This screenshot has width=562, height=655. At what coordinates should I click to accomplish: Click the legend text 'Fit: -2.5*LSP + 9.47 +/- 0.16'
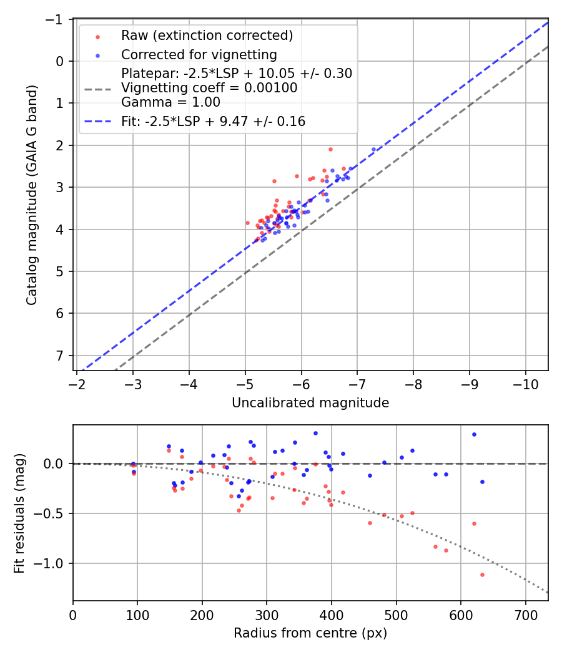coord(213,122)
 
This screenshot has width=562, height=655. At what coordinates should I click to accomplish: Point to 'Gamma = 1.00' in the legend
coord(170,102)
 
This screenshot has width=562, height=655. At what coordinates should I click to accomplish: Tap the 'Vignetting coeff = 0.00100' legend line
coord(209,88)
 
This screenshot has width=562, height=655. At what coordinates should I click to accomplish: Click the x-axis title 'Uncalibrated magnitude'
coord(310,403)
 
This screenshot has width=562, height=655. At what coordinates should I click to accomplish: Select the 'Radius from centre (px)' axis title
coord(310,633)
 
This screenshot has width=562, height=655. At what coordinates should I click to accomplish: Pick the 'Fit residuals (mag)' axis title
coord(19,513)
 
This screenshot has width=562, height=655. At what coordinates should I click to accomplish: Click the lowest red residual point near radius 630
coord(482,575)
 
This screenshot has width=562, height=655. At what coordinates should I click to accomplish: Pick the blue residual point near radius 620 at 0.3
coord(474,434)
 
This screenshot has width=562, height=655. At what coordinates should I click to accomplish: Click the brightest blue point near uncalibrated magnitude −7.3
coord(373,149)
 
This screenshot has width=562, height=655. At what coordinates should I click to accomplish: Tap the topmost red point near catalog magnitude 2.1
coord(330,149)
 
